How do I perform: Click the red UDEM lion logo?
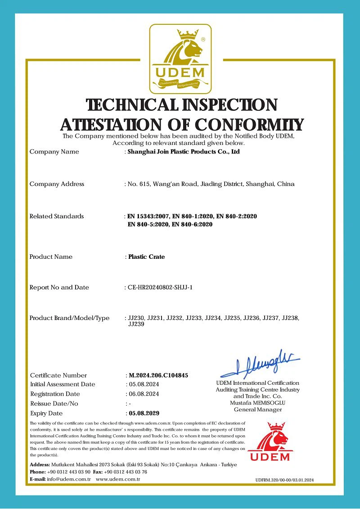[270, 441]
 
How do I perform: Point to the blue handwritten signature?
[261, 364]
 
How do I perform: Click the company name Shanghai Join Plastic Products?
[184, 152]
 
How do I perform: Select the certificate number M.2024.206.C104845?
[158, 375]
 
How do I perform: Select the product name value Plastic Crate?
[147, 257]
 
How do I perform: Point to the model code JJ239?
[136, 324]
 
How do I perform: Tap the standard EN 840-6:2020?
[192, 224]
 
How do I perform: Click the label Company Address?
[57, 184]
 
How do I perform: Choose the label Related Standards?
[57, 216]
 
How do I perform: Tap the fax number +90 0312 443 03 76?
[126, 472]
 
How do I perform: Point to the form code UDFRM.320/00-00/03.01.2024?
[284, 480]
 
